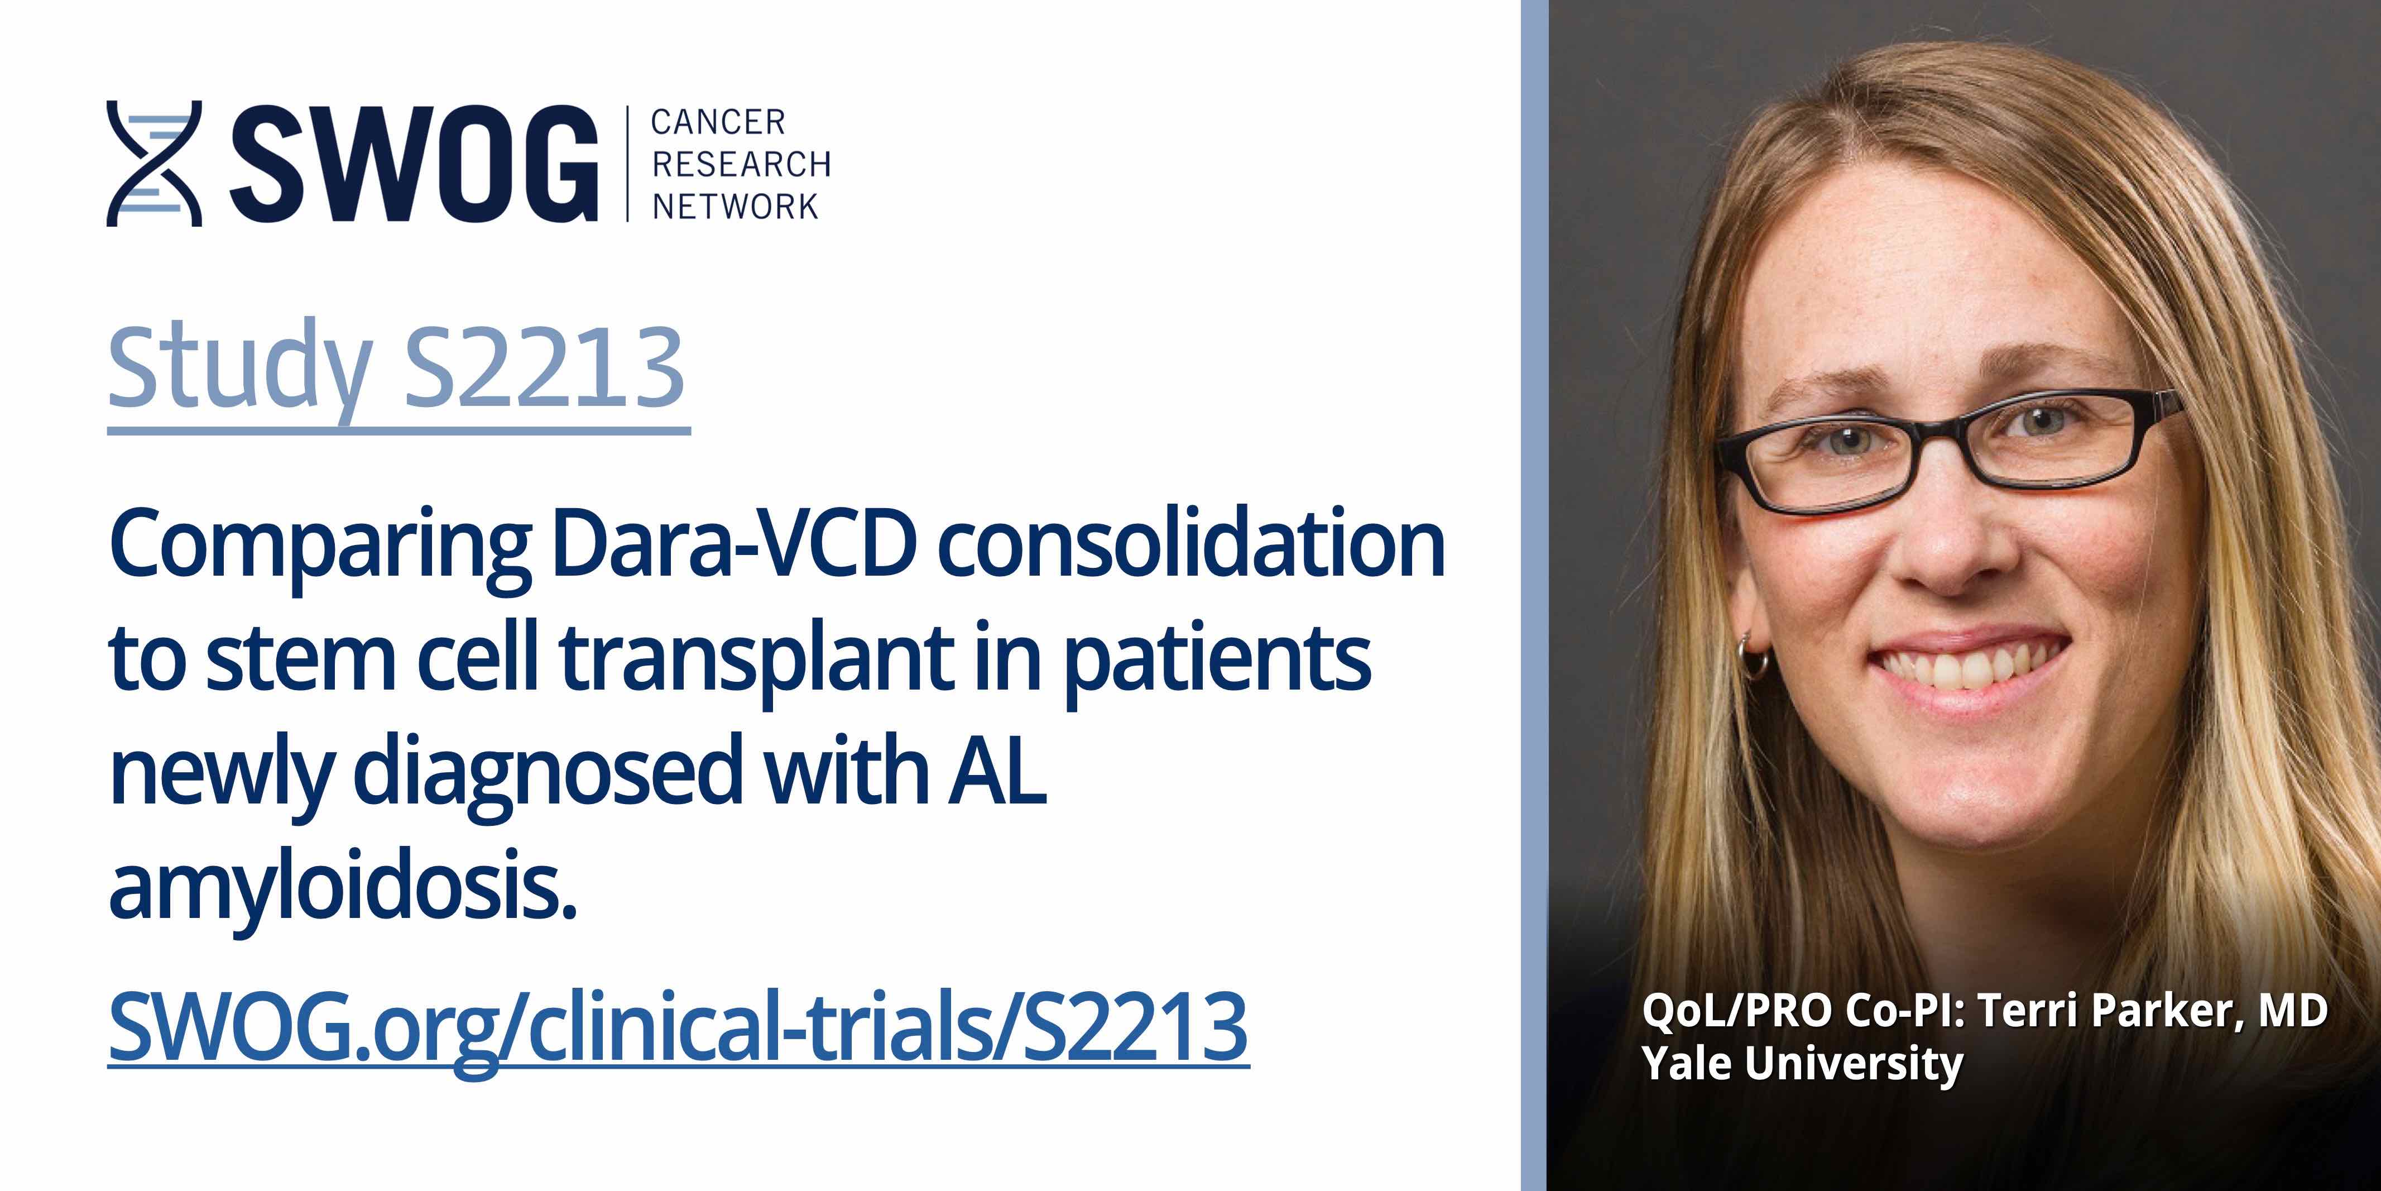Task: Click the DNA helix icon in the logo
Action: click(155, 164)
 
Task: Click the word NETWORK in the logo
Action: click(735, 206)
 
